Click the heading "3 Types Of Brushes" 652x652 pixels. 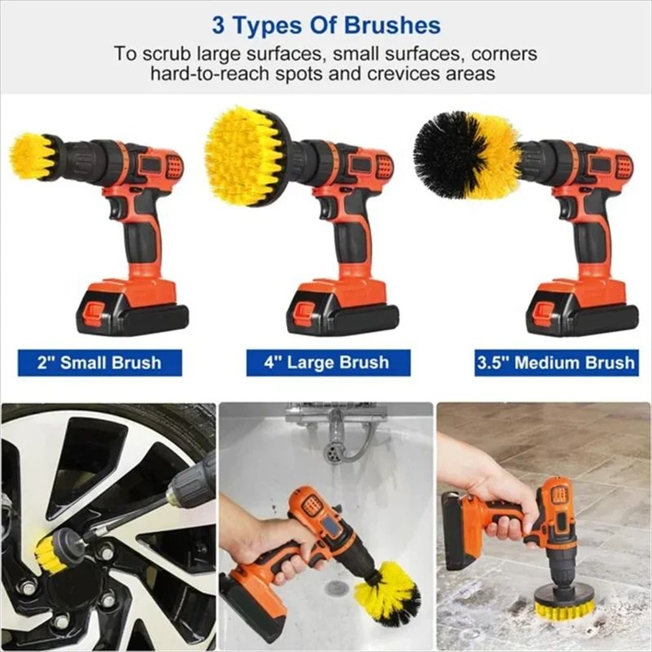click(x=326, y=26)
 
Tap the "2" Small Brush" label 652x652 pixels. click(x=99, y=363)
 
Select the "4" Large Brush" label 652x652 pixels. click(x=327, y=363)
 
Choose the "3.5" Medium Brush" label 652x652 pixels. click(x=556, y=363)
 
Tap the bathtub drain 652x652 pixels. click(x=336, y=588)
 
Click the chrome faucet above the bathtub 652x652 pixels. click(x=336, y=434)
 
